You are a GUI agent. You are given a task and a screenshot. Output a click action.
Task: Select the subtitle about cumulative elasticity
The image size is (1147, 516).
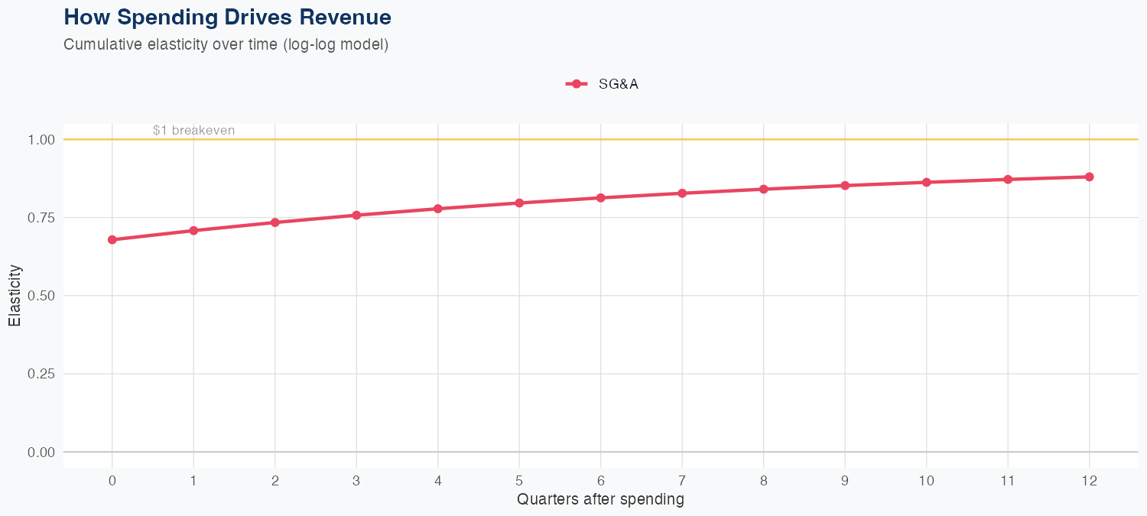coord(226,44)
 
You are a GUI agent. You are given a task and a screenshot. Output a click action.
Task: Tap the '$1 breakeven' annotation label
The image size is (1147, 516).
coord(193,131)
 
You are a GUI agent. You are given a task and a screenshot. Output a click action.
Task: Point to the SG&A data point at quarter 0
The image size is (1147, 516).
coord(112,239)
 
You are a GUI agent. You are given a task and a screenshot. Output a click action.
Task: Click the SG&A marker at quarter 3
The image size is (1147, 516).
coord(356,215)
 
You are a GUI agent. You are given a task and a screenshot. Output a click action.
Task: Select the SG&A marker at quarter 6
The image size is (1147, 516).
coord(601,198)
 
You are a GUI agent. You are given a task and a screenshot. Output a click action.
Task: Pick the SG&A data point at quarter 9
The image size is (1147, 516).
coord(845,186)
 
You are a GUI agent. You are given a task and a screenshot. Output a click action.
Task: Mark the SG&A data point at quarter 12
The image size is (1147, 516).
coord(1089,177)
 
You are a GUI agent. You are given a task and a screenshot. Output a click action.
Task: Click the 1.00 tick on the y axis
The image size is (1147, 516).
coord(41,140)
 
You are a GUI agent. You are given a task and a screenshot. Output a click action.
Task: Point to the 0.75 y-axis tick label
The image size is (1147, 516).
coord(41,218)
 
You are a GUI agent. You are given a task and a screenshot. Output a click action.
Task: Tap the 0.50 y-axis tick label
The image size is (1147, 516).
coord(41,296)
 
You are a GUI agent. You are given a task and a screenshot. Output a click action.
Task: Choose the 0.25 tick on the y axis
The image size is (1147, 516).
coord(41,374)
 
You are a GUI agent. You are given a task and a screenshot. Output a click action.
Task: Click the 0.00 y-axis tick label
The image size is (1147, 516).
coord(41,452)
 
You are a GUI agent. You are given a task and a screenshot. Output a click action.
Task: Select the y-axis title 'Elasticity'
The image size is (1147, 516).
coord(15,296)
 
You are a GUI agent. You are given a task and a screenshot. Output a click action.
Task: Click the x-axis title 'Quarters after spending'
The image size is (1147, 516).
coord(600,500)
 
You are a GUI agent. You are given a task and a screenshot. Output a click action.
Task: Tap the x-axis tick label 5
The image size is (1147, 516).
coord(519,481)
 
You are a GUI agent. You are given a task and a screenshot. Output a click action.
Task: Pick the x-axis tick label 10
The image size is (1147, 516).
coord(926,481)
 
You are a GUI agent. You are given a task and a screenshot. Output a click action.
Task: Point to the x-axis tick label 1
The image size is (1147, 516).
coord(193,481)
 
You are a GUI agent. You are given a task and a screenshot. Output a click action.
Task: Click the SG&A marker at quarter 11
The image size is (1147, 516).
coord(1008,179)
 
